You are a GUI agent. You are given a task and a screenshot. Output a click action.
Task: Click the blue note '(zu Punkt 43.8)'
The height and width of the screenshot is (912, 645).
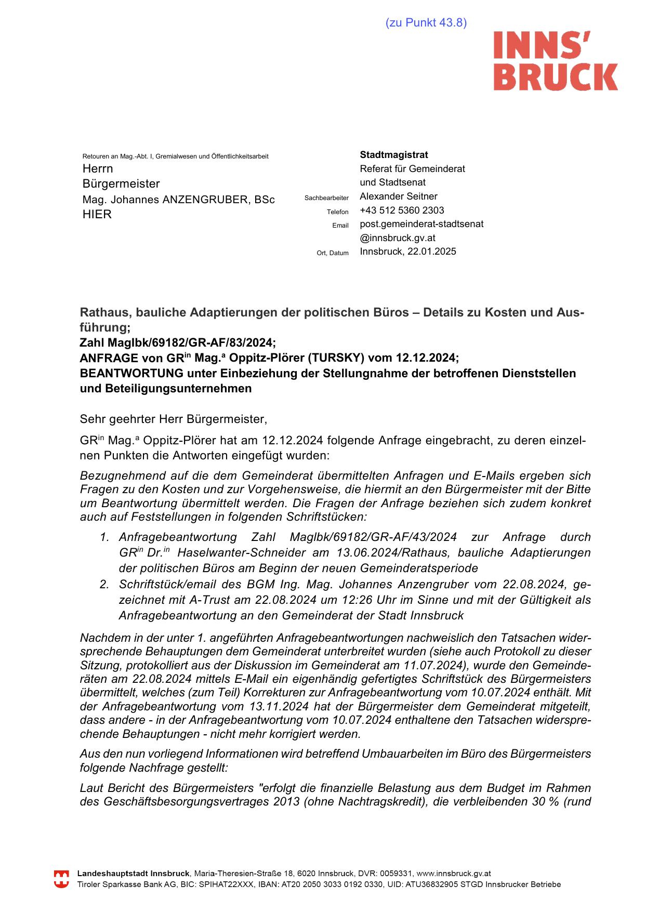(426, 23)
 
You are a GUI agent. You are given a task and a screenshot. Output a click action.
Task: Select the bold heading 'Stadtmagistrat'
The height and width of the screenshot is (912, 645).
(394, 155)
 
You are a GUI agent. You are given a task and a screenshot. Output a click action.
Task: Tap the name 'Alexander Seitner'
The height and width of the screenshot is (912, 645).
(398, 196)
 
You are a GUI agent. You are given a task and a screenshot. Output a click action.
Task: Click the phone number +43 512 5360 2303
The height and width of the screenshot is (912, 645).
(402, 210)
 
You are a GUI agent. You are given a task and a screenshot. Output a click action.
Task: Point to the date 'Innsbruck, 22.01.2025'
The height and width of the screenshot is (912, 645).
(408, 252)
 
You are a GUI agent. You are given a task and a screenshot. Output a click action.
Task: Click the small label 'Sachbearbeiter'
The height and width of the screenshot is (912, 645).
(326, 198)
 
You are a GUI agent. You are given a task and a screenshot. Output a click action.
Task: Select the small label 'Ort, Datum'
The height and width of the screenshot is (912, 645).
(333, 253)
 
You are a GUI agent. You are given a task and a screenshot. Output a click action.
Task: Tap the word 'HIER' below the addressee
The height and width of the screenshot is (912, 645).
(97, 214)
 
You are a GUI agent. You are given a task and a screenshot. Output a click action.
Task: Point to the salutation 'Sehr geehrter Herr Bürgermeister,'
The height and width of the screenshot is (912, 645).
(174, 419)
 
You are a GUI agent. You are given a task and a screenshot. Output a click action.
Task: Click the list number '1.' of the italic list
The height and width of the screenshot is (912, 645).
(104, 537)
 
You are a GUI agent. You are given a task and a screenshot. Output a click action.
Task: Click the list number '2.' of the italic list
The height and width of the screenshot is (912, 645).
(104, 585)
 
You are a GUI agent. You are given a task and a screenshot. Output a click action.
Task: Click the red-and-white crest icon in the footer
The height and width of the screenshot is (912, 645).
(61, 879)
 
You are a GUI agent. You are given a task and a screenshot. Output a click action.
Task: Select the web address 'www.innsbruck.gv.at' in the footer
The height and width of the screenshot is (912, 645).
(454, 874)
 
